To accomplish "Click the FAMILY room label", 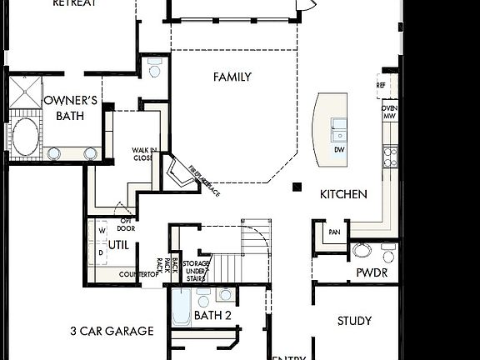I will coord(232,77).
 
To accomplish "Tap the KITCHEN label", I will coord(343,194).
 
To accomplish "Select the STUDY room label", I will coord(354,321).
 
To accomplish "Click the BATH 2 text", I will coord(212,316).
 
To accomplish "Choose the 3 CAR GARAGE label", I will coord(112,331).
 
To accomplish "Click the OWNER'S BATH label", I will coord(70,108).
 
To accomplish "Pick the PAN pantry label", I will coord(334,232).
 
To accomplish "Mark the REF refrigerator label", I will coord(381,85).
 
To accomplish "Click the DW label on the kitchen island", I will coord(339,150).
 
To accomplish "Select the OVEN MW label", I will coord(389,112).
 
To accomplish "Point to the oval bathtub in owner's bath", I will coord(24,136).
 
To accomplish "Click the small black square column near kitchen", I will coord(297,187).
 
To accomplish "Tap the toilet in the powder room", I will coord(362,249).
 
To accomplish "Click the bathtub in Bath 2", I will coord(179,308).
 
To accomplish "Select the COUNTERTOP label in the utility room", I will coord(138,274).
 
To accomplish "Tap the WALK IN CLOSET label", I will coord(142,154).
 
